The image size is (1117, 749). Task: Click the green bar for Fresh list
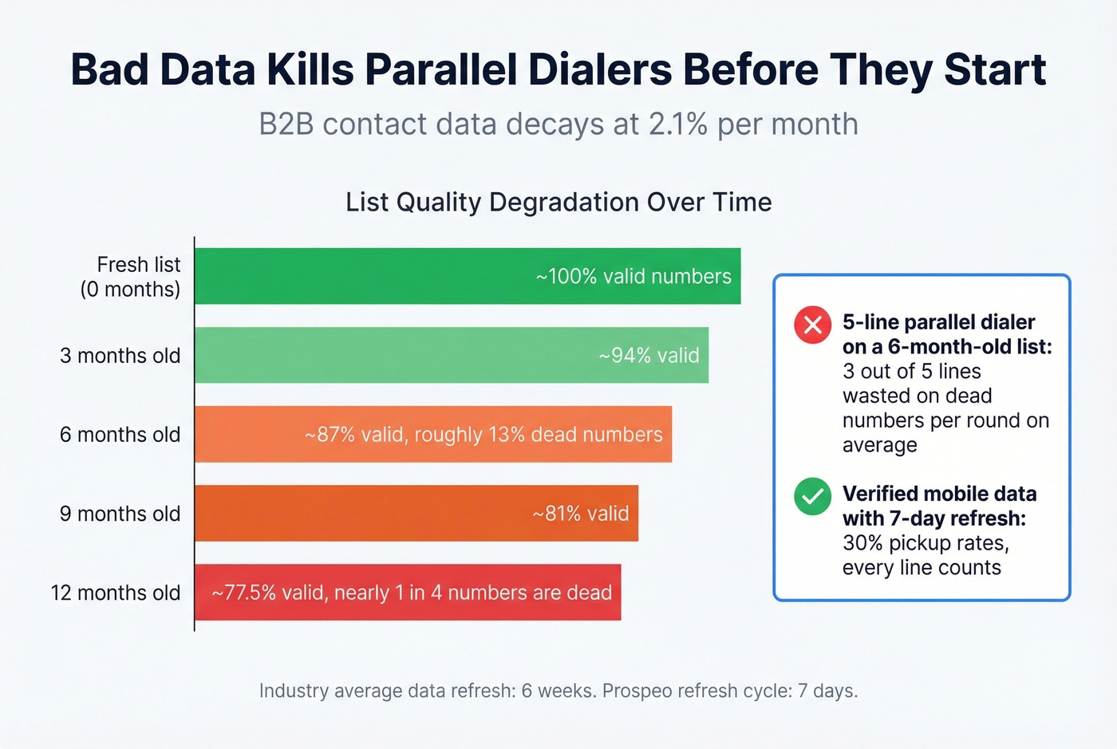467,276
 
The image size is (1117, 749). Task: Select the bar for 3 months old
451,355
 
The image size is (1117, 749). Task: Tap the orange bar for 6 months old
432,434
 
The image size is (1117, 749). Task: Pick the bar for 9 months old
416,513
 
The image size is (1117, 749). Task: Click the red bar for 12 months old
407,592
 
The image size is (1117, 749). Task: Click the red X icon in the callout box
812,325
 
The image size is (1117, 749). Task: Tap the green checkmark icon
812,496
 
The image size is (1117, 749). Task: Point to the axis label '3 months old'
120,356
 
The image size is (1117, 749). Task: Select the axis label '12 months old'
116,593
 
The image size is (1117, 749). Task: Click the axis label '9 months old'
120,514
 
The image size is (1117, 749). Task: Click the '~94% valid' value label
649,356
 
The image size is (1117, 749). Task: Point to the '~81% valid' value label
581,514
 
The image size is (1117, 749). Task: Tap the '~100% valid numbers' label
633,277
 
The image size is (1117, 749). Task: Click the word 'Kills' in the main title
310,69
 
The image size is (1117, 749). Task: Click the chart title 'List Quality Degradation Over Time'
558,203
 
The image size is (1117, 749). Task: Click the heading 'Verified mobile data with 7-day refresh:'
939,506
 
